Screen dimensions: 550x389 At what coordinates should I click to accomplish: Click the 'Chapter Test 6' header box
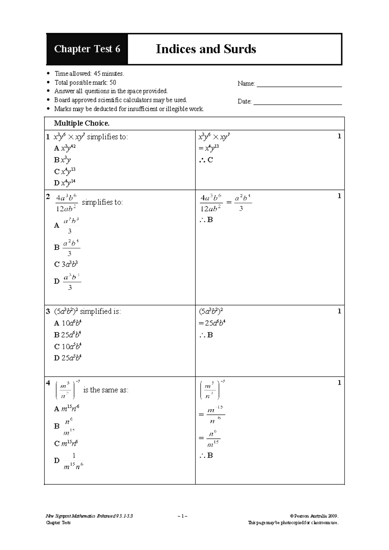87,49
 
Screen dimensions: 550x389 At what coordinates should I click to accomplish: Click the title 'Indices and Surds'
206,49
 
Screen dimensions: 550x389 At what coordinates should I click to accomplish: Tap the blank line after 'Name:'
299,84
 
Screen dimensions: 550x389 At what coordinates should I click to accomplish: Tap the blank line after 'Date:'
297,102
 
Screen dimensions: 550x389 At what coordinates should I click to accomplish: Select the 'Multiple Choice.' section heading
82,123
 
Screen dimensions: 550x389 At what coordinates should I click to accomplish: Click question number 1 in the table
48,137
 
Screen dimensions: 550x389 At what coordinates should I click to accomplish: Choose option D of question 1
65,183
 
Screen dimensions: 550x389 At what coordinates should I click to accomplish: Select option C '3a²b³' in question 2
66,264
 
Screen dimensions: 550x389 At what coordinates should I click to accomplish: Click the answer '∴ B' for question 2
206,220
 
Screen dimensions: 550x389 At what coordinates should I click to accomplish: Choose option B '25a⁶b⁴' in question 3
67,335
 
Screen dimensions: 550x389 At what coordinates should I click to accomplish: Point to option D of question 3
67,358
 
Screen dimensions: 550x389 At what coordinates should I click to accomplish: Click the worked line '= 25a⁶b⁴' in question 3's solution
212,323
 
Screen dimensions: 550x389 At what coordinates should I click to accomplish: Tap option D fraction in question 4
73,461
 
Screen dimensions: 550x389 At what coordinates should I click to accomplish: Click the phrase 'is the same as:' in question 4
106,390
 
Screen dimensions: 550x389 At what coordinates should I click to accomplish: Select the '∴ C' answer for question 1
206,160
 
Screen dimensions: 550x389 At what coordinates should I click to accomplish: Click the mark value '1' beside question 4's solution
339,383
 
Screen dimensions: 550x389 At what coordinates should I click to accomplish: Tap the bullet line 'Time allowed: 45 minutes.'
89,74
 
